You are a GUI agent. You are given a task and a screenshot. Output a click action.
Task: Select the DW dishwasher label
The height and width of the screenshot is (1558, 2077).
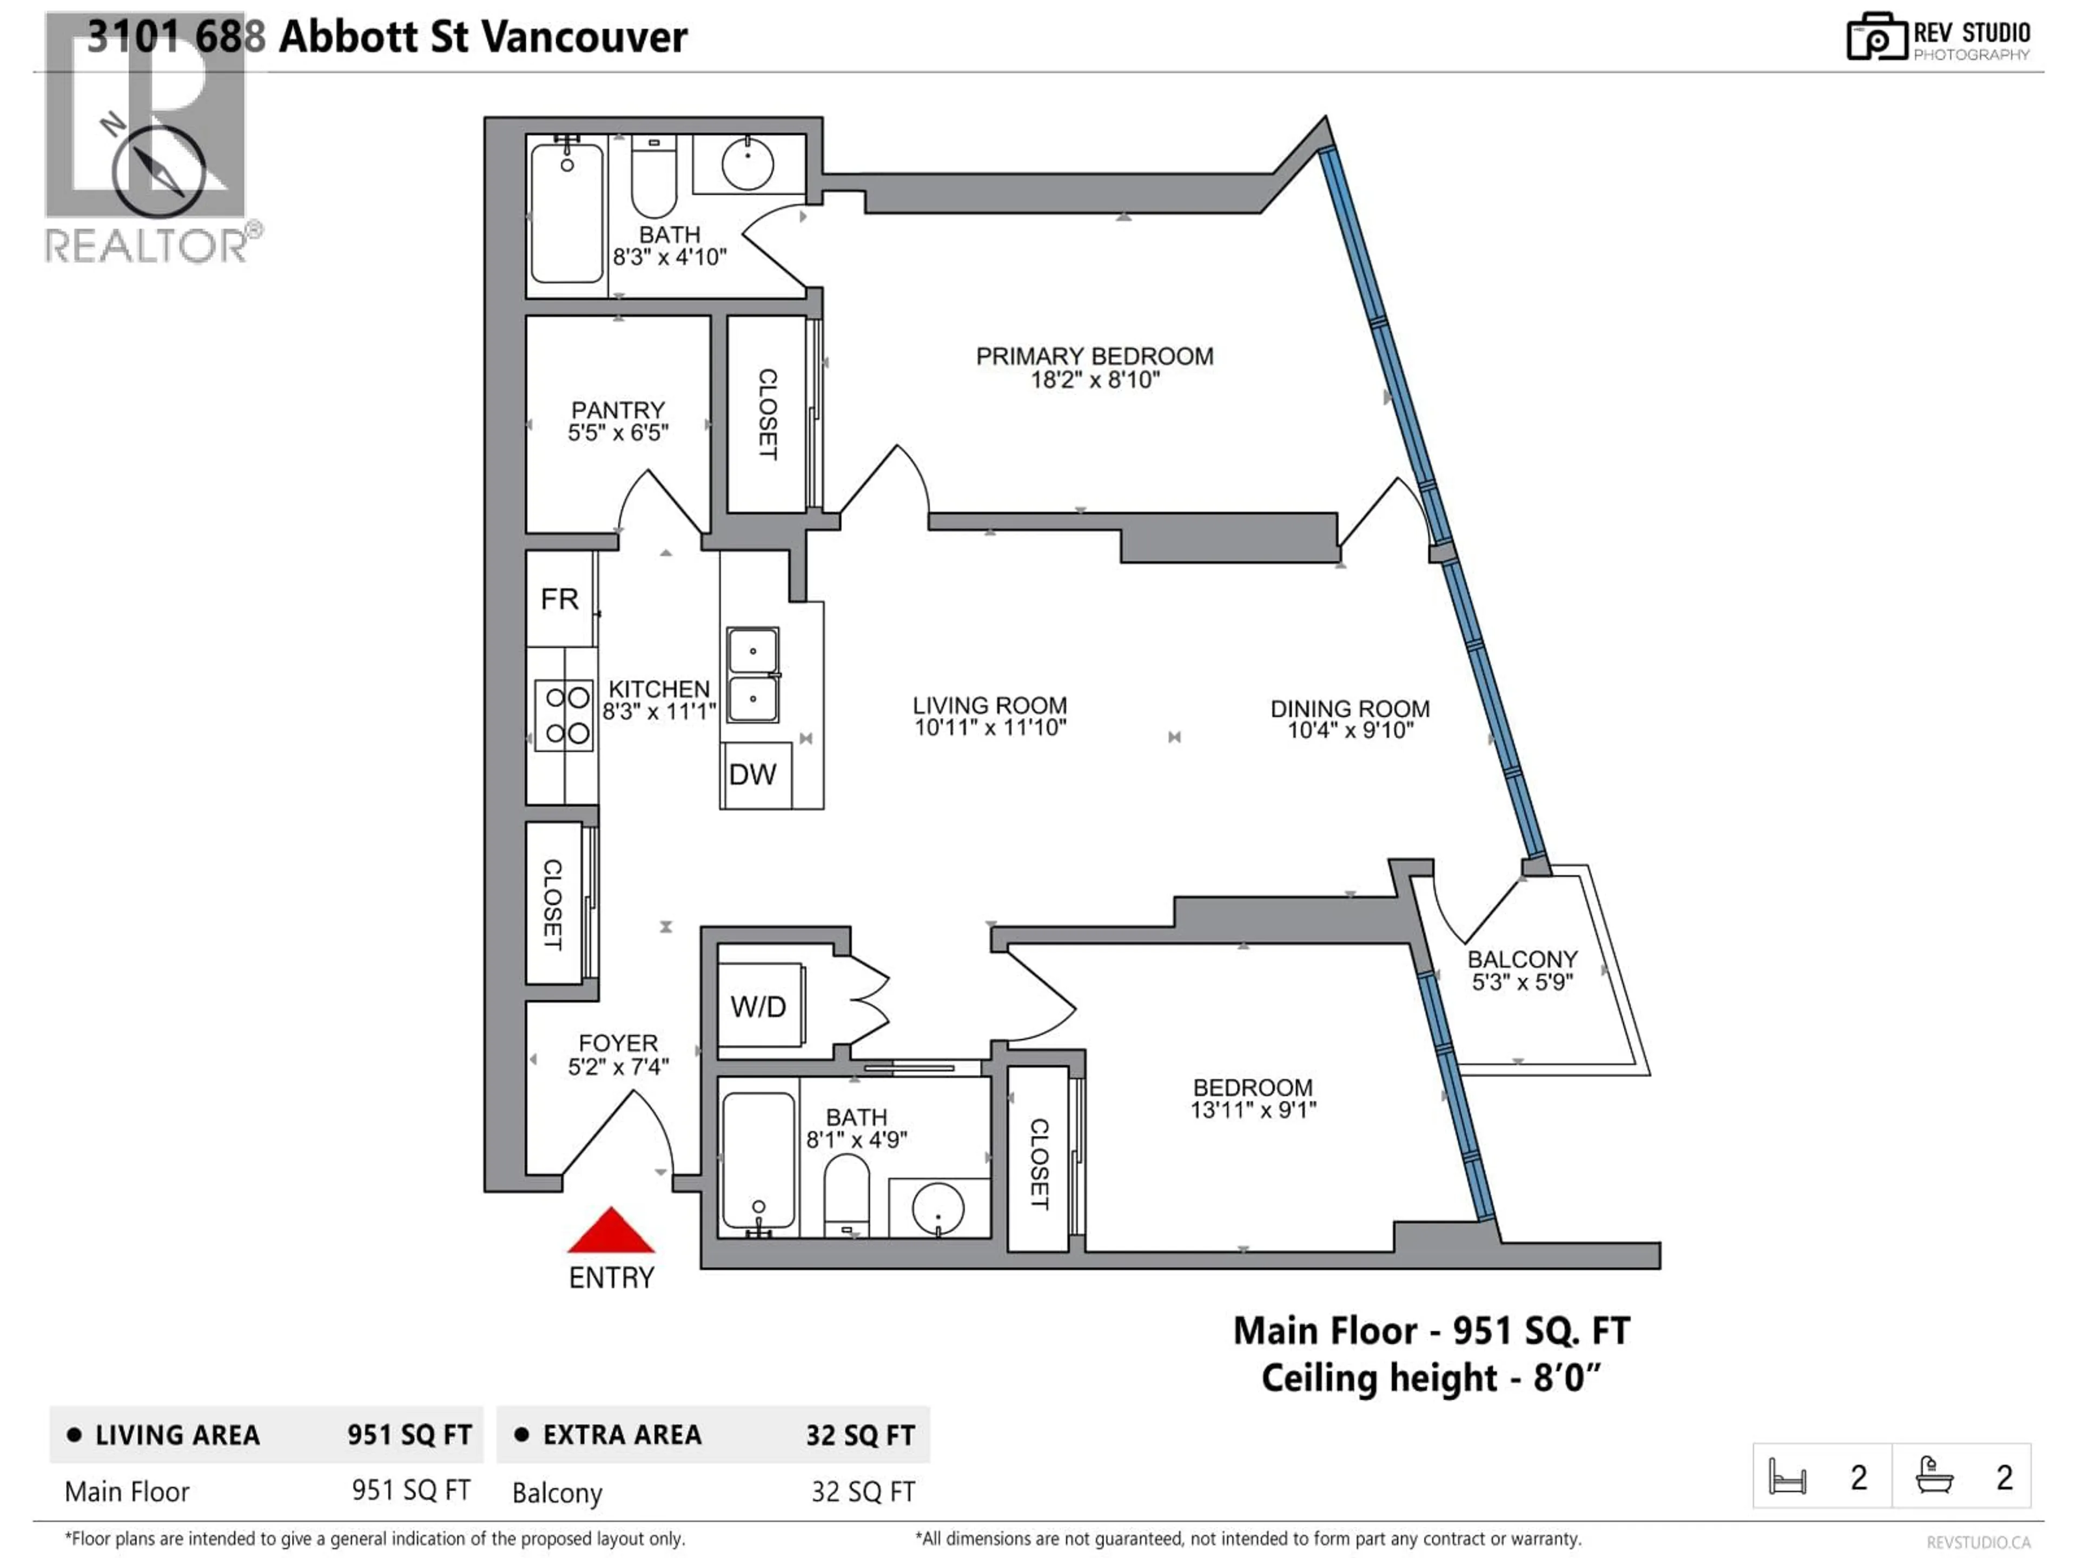tap(752, 775)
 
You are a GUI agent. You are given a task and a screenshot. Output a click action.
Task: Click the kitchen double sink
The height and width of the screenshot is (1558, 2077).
tap(752, 674)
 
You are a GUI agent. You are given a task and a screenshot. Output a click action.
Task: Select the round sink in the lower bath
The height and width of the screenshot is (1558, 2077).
tap(938, 1209)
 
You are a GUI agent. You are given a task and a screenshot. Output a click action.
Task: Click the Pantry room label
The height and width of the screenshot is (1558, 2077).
tap(618, 411)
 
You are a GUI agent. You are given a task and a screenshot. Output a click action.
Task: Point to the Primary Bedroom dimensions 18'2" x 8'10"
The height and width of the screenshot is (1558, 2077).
tap(1095, 380)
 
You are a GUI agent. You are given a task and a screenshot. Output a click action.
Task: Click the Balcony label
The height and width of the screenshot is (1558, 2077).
tap(1522, 959)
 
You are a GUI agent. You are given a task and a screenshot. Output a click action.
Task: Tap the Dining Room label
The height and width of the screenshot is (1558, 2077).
tap(1350, 709)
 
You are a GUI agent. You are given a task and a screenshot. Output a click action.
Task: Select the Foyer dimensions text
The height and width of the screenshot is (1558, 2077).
tap(618, 1067)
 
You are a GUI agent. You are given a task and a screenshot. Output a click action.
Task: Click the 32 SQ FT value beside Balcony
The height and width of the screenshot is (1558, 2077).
tap(862, 1492)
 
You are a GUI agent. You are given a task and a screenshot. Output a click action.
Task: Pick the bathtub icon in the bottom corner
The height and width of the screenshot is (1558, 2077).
tap(1934, 1476)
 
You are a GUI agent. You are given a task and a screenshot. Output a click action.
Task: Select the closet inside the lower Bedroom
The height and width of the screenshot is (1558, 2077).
tap(1038, 1161)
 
